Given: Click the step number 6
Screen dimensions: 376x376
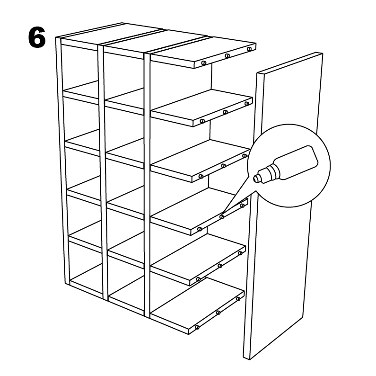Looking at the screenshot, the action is (x=37, y=37).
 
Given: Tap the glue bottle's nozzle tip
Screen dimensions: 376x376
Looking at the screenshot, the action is (x=255, y=178).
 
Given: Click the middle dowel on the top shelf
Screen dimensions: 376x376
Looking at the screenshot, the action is (x=227, y=56).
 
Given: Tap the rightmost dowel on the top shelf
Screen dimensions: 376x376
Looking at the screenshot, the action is (x=249, y=49).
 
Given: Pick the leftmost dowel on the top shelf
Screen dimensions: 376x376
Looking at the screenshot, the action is (x=204, y=63).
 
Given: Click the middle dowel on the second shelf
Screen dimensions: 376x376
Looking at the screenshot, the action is (x=225, y=112).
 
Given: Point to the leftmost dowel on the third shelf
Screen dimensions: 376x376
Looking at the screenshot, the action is (x=201, y=176).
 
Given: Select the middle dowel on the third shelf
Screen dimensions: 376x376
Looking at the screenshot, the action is (x=223, y=166).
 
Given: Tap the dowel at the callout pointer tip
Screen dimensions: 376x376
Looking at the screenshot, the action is (x=221, y=217).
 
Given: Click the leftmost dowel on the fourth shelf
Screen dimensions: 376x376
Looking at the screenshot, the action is (x=199, y=229).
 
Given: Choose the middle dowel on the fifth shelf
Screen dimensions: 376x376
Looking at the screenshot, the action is (x=220, y=266).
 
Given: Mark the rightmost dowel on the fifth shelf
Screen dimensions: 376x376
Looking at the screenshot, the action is (x=240, y=253).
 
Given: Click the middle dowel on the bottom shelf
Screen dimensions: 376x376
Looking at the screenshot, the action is (x=218, y=313).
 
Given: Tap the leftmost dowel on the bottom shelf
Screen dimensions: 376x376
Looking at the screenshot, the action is (x=197, y=327).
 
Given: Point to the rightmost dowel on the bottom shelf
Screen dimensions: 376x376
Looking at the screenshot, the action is (x=238, y=299).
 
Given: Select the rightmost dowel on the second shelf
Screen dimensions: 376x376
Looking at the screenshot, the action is (x=247, y=104).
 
